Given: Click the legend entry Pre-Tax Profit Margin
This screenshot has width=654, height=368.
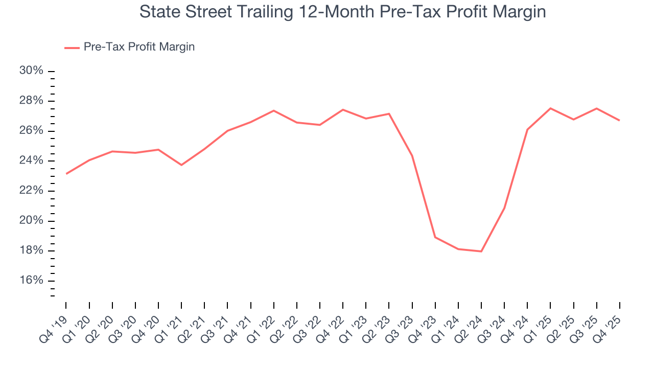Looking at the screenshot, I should pyautogui.click(x=139, y=47).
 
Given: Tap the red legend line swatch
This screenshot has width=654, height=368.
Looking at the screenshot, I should pyautogui.click(x=72, y=48).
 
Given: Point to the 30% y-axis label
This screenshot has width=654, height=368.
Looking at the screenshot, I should pyautogui.click(x=31, y=71).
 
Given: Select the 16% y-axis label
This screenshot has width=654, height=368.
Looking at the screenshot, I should pyautogui.click(x=31, y=281).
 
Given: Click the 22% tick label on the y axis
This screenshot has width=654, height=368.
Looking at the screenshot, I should pyautogui.click(x=31, y=191).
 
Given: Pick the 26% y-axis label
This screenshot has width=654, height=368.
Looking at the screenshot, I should pyautogui.click(x=31, y=131).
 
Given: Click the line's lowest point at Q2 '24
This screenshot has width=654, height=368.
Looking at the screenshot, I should pyautogui.click(x=481, y=251).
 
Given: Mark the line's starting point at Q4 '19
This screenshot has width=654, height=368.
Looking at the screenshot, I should pyautogui.click(x=66, y=174).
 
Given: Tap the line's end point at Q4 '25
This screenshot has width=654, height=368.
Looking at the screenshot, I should pyautogui.click(x=620, y=121).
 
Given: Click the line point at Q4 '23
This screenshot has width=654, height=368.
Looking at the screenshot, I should pyautogui.click(x=435, y=237).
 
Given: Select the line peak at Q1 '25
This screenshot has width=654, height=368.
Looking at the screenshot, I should pyautogui.click(x=550, y=108).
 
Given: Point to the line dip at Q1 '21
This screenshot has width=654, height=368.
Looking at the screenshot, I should pyautogui.click(x=181, y=165).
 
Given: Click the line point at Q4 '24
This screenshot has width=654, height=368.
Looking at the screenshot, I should pyautogui.click(x=527, y=130).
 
